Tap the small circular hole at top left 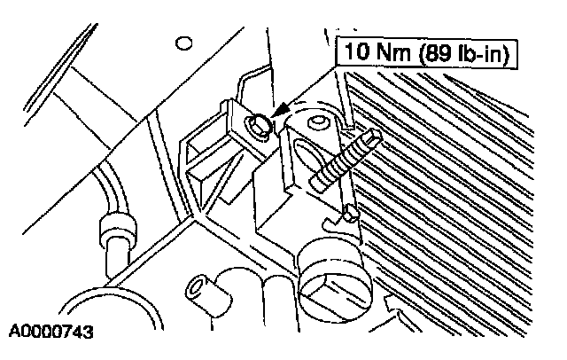pos(185,42)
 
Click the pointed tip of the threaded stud pos(379,134)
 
